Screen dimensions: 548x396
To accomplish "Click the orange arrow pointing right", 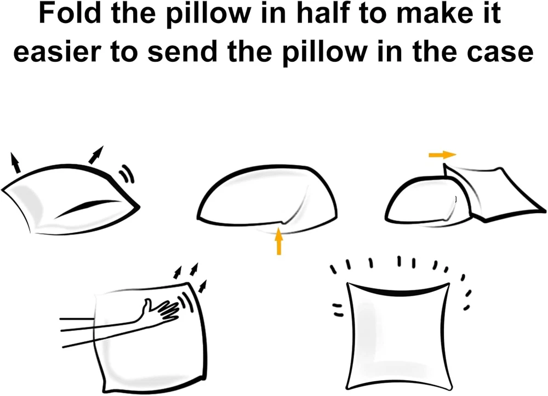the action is (442, 154).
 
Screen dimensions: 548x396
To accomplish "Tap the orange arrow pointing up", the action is (278, 241).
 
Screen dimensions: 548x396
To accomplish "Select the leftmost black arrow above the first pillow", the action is (15, 163).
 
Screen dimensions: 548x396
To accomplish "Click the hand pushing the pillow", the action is (161, 308).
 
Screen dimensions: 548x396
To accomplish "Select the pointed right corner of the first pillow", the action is (139, 206).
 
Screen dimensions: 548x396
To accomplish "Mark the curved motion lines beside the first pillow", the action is (127, 173).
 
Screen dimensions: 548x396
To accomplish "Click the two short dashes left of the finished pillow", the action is (338, 309).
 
